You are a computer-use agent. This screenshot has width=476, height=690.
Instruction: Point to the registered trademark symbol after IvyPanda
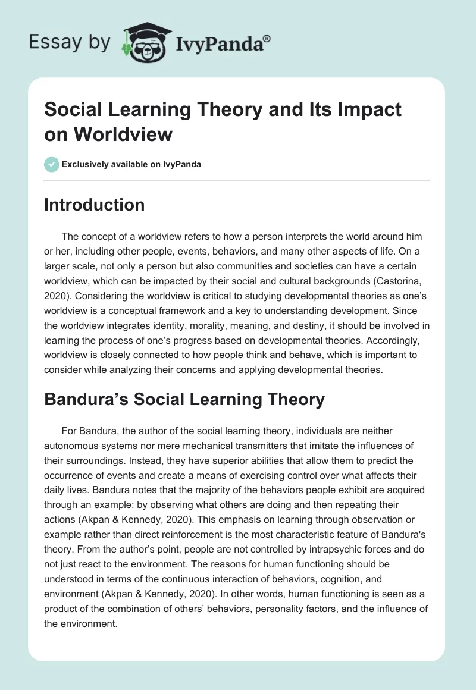pos(267,38)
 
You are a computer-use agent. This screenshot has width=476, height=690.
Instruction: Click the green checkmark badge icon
pos(52,164)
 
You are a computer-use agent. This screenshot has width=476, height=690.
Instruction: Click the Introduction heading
pos(95,205)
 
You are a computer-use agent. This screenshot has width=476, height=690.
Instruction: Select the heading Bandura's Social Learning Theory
pos(184,399)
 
